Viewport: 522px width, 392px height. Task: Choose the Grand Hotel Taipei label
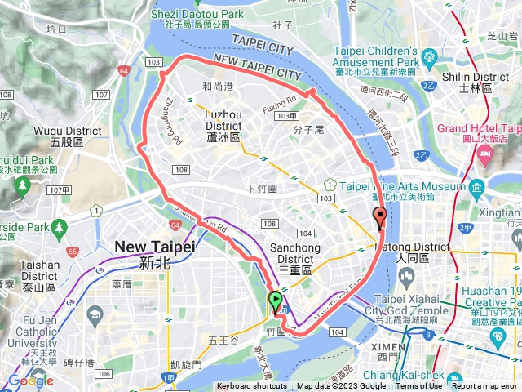(479, 128)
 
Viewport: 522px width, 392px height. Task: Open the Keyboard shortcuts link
(251, 386)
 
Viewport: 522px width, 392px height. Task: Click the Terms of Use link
(418, 386)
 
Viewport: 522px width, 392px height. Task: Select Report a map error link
(484, 386)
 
